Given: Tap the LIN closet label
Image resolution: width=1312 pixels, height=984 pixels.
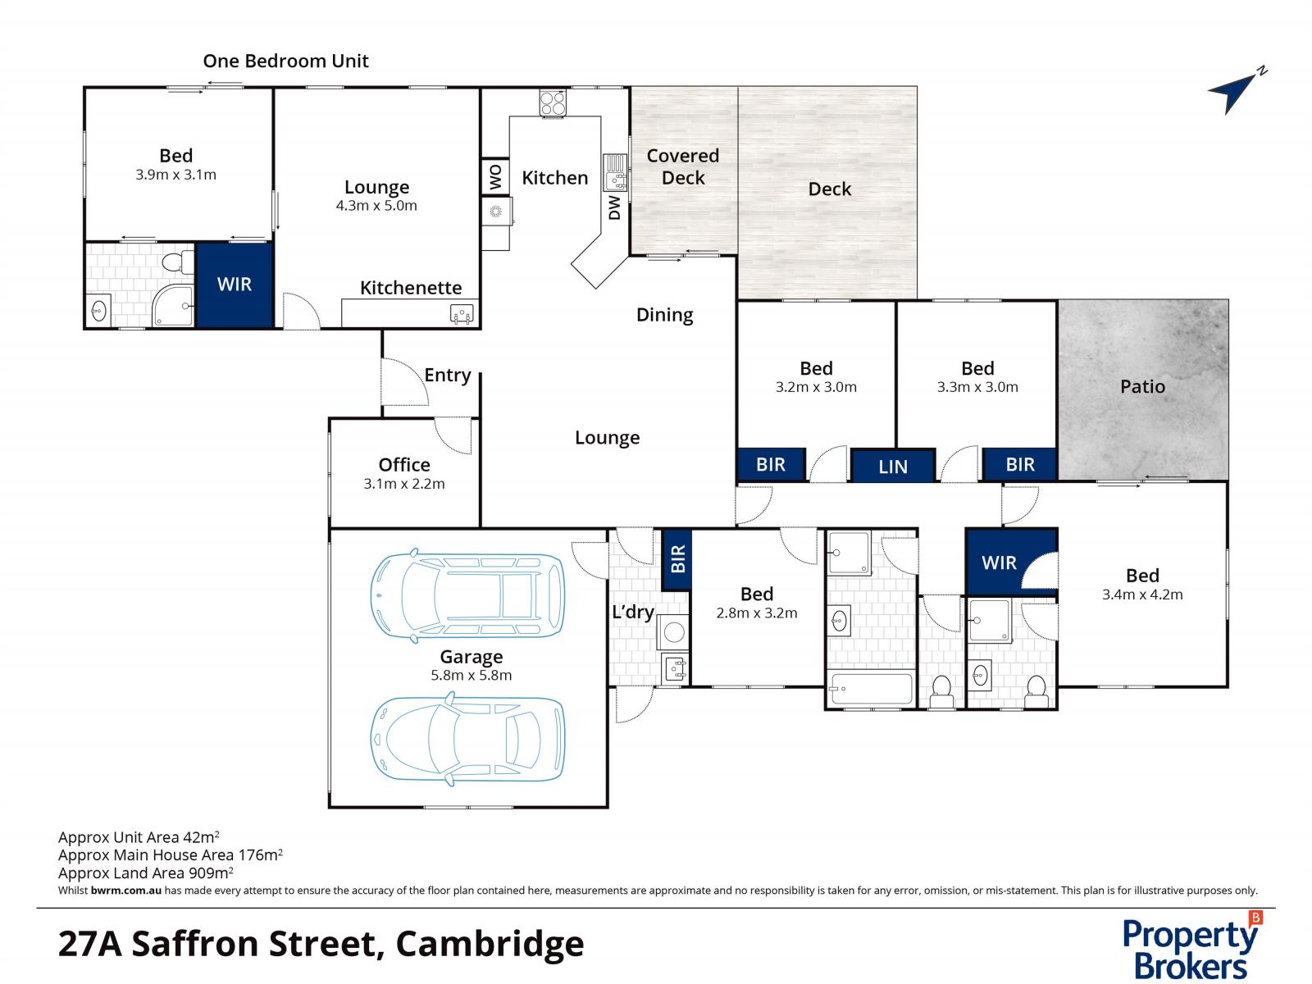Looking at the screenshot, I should pos(892,467).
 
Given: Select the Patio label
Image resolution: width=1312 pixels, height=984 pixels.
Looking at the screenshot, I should pos(1142,386).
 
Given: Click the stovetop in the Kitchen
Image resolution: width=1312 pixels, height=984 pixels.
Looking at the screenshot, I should pos(553,102).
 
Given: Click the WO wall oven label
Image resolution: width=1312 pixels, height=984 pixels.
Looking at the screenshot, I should pos(495,177).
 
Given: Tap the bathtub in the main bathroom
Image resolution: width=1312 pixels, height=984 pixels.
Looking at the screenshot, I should pos(871,689).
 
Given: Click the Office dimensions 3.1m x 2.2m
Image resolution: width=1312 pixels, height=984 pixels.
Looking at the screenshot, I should pos(404,484).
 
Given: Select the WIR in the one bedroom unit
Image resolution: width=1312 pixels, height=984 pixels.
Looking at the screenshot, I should pos(234,285).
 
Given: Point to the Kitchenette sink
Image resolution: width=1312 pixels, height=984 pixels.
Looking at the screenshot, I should pos(462,313).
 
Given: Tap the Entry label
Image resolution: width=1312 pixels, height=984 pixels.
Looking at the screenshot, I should pos(447,375).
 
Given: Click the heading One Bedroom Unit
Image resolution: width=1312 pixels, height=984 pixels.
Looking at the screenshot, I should pos(285,61).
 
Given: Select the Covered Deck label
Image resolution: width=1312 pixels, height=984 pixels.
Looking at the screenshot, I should pos(682,166).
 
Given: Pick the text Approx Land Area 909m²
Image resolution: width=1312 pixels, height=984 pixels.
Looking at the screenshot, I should pos(146,872).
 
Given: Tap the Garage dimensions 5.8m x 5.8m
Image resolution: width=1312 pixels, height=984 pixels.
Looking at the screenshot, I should pos(471,676).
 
